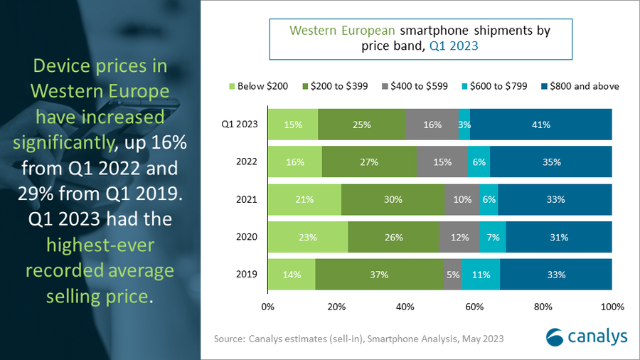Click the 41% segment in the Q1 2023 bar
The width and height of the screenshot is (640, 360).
click(x=540, y=125)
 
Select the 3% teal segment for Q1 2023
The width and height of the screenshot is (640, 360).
click(x=464, y=125)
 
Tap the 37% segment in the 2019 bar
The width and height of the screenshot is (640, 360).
click(x=379, y=275)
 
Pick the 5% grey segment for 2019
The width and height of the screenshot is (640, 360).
click(x=452, y=275)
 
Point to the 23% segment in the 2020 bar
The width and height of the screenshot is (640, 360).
click(x=308, y=237)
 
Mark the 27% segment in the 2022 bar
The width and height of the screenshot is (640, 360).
click(x=369, y=162)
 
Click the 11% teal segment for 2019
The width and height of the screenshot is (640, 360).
click(x=481, y=275)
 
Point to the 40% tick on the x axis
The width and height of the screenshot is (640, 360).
click(x=405, y=307)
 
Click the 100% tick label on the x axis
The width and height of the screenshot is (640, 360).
click(x=612, y=307)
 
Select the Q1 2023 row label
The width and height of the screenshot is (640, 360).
click(x=240, y=125)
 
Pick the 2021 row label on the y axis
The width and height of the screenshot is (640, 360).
click(x=247, y=200)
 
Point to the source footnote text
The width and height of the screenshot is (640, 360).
click(x=358, y=339)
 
